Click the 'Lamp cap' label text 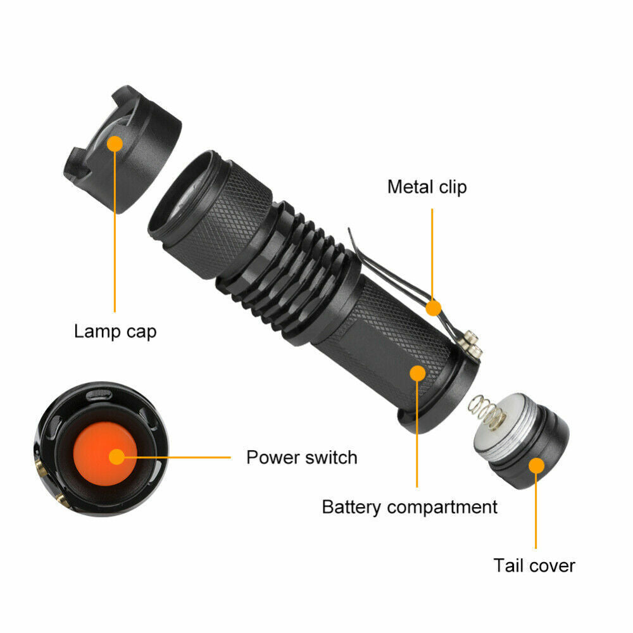pyautogui.click(x=115, y=331)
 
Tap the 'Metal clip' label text pyautogui.click(x=427, y=187)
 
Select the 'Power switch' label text pyautogui.click(x=301, y=457)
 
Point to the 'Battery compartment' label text pyautogui.click(x=410, y=506)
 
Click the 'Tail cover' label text pyautogui.click(x=534, y=565)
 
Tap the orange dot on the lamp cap pyautogui.click(x=115, y=144)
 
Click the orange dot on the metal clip pyautogui.click(x=433, y=308)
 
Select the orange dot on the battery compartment pyautogui.click(x=417, y=373)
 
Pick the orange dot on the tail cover pyautogui.click(x=536, y=467)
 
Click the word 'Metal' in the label pyautogui.click(x=408, y=187)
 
